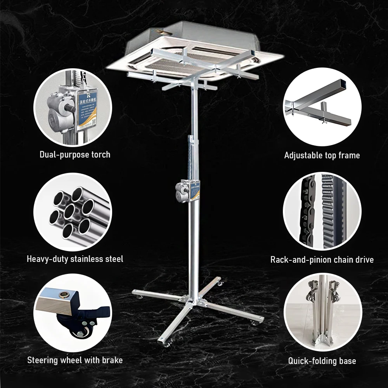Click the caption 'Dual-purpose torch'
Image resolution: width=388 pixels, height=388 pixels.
(x=75, y=154)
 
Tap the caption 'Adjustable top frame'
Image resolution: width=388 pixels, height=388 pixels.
(x=322, y=155)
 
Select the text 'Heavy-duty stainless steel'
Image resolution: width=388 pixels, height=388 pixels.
(x=75, y=258)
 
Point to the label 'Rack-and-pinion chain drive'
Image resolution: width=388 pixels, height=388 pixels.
(x=322, y=260)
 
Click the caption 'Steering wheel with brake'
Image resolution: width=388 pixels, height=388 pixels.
(x=75, y=360)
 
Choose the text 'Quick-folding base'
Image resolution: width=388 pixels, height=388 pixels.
(x=322, y=361)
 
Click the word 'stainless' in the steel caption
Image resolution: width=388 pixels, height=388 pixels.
(x=86, y=258)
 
